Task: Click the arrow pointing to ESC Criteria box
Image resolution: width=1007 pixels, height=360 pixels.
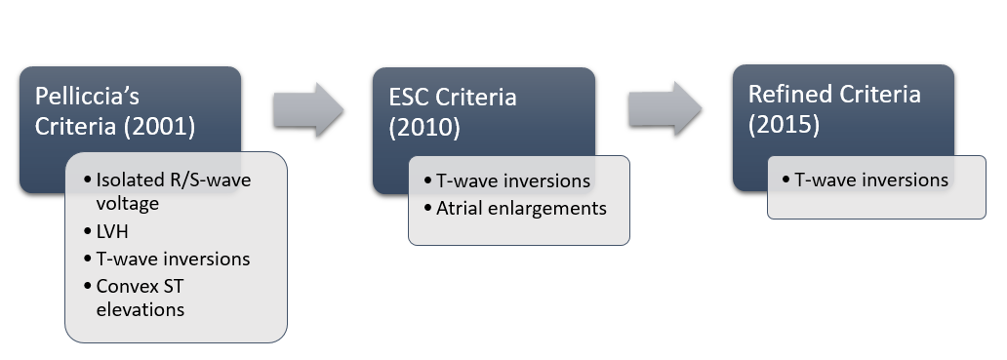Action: (308, 109)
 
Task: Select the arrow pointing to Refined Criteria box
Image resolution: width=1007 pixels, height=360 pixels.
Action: (665, 108)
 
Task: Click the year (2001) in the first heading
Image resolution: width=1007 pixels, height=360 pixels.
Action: (160, 127)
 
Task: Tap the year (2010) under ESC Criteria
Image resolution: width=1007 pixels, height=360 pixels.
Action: (424, 127)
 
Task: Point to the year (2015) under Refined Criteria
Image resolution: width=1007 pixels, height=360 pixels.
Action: (785, 125)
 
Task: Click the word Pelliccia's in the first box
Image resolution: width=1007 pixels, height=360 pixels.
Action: (88, 97)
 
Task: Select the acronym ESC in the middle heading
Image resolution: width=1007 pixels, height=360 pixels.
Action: (409, 98)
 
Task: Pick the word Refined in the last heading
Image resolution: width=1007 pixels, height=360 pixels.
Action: (788, 95)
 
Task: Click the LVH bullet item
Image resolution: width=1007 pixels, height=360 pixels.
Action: (112, 231)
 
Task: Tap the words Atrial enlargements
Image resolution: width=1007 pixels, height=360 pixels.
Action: (521, 208)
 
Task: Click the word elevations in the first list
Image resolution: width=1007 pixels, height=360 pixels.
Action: (140, 309)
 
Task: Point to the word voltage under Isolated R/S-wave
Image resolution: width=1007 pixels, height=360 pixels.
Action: (127, 204)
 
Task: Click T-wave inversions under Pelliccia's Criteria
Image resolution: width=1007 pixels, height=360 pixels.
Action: (173, 259)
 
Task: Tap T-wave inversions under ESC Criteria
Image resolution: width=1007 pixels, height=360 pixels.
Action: (513, 180)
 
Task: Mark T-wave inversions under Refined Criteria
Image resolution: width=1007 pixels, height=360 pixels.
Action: (871, 180)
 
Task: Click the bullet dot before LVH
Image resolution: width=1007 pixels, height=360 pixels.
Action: (88, 231)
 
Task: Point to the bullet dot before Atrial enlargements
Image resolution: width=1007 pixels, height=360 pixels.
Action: (427, 208)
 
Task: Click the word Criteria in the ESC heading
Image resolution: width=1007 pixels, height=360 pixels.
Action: (476, 98)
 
